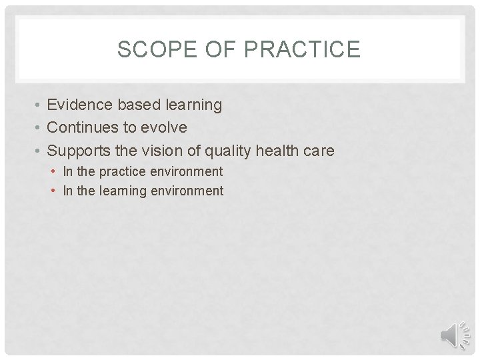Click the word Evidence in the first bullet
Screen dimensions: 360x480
[79, 105]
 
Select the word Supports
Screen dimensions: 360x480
[79, 151]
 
